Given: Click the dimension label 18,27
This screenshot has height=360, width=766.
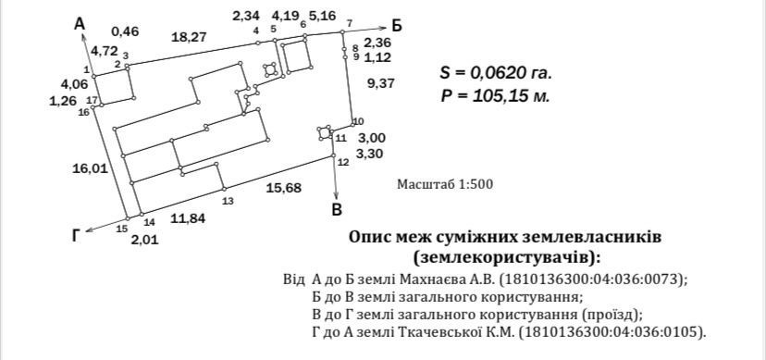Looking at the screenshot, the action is coord(189,37).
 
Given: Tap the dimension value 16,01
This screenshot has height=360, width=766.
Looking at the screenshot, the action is coord(90,169).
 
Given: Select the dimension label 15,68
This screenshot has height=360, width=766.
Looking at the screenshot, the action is coord(284,188).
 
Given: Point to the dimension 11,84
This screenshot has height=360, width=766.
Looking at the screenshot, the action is coord(188,218).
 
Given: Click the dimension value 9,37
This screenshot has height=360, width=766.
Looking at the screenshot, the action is coord(380,83).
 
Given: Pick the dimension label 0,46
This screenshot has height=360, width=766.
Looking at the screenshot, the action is coord(125,31).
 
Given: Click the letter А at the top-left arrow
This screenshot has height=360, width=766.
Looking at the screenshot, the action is coord(80,23).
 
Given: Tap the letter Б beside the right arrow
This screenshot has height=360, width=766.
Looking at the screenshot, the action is coord(397,26).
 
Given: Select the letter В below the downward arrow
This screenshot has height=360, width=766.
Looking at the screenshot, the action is coord(337,209).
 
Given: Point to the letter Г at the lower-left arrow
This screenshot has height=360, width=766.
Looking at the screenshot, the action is coord(76,236).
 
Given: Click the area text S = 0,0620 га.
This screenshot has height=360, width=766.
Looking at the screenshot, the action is coord(496,73).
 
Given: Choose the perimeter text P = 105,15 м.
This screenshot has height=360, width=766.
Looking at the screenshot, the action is coord(495,95).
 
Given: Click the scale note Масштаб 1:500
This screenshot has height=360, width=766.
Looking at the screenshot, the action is coord(445,185).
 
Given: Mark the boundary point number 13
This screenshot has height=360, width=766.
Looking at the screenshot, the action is coord(228,201).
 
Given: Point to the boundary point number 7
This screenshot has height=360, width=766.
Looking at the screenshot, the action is coord(349,23).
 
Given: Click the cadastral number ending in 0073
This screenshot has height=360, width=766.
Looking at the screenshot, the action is coord(594,279).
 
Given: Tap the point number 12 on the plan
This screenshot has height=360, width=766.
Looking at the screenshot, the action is coord(343,162).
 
